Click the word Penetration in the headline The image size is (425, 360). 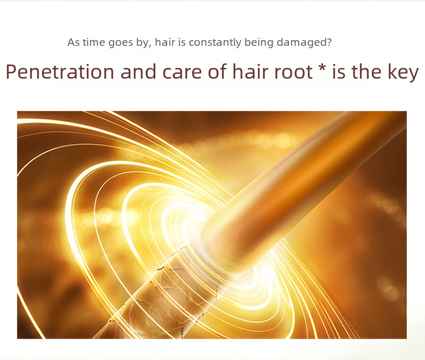[60, 72]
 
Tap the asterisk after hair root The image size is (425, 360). [322, 68]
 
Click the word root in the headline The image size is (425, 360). [294, 72]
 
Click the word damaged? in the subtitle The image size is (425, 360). [304, 42]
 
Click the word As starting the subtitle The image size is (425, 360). [74, 42]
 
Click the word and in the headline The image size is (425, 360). [138, 72]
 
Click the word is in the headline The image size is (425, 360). [338, 72]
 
